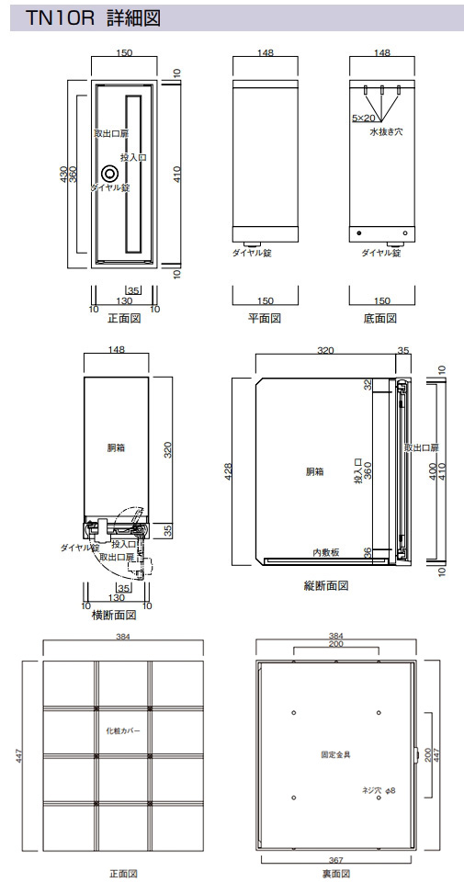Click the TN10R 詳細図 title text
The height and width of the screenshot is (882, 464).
coord(94,18)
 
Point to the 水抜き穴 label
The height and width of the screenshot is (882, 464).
coord(386,132)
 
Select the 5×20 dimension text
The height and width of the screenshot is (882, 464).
coord(363,118)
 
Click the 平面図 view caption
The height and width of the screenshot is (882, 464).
coord(265,319)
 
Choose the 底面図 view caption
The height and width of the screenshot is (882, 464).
coord(380,319)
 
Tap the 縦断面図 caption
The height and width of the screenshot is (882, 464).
coord(326,585)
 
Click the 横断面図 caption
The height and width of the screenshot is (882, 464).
coord(114,615)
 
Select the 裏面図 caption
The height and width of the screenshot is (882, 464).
coord(336,874)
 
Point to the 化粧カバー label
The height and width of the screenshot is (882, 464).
coord(122,731)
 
